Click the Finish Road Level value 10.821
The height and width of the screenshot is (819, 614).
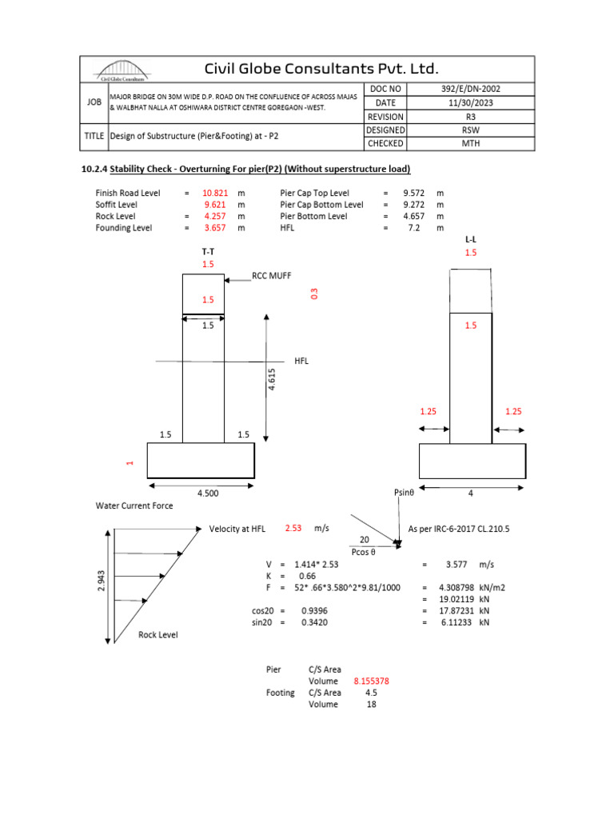tap(216, 193)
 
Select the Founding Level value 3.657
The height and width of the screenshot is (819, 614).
tap(215, 227)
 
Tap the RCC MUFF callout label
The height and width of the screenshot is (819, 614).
tap(272, 276)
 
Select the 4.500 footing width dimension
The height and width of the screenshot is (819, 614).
tap(208, 493)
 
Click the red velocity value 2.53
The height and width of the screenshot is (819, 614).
tap(294, 529)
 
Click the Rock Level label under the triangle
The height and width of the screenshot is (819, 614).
tap(158, 634)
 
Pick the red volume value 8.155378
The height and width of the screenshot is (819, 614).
tap(371, 681)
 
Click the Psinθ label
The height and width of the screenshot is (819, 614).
tap(405, 493)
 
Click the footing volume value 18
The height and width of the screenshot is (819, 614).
tap(371, 705)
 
